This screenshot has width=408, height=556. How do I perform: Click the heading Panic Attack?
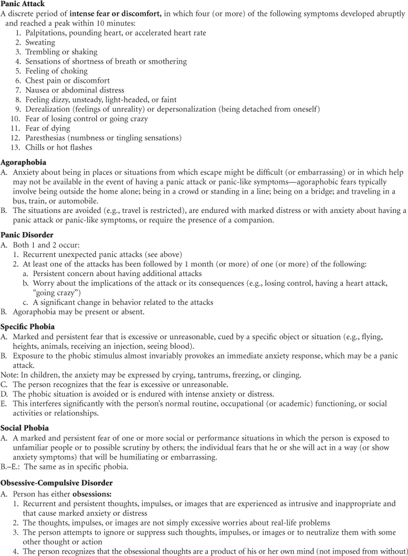point(22,4)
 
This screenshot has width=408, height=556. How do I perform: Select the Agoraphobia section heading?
point(22,163)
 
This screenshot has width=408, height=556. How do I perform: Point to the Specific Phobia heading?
point(28,326)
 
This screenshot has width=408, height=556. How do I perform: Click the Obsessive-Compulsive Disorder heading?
point(56,482)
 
